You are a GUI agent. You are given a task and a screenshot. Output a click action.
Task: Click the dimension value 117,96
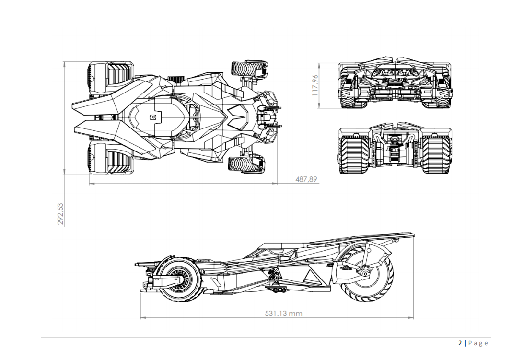pos(315,85)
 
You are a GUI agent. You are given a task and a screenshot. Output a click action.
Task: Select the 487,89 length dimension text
pos(305,179)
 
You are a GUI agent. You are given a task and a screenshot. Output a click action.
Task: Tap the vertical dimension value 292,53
pos(60,214)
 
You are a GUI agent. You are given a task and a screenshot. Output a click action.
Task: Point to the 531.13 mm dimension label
pos(283,314)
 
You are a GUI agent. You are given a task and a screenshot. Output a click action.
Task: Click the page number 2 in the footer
pos(460,343)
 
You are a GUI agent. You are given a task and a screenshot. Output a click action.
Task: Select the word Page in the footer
pos(478,343)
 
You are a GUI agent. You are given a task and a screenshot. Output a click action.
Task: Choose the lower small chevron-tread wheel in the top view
pos(247,164)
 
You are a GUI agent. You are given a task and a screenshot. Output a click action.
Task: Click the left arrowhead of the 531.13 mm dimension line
pos(142,317)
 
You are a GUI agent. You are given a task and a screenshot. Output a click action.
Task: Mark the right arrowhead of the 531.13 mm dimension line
pos(412,317)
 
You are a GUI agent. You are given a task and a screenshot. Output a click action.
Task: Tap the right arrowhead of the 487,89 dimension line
pos(276,183)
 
